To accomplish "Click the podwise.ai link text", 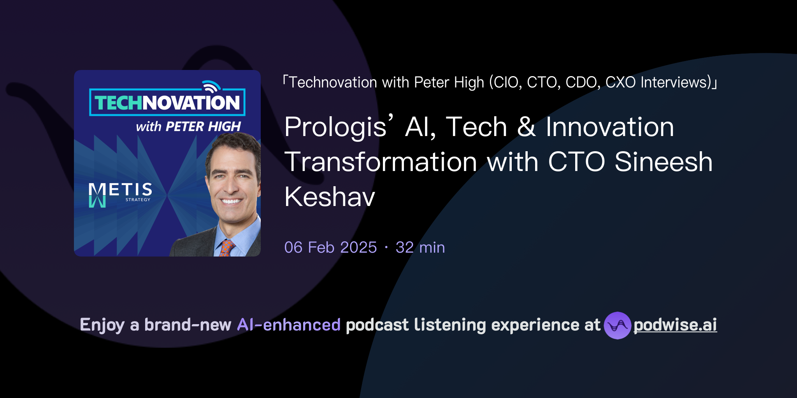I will (675, 325).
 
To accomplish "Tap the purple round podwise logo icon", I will (617, 325).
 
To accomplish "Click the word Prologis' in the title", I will (338, 127).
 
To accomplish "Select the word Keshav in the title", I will (330, 197).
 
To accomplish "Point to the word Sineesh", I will (664, 162).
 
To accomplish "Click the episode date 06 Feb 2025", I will (330, 247).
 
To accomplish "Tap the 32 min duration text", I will (420, 247).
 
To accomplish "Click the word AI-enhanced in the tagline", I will (289, 325).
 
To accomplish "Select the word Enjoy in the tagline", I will (102, 325).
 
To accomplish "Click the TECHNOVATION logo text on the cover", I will (167, 103).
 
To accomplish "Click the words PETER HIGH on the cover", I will (203, 127).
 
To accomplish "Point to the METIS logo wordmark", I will (121, 190).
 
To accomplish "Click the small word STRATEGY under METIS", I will (138, 200).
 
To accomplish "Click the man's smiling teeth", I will (231, 201).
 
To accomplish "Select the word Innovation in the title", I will (609, 127).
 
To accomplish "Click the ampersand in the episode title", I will (526, 127).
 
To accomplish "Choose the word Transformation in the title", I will (381, 162).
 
